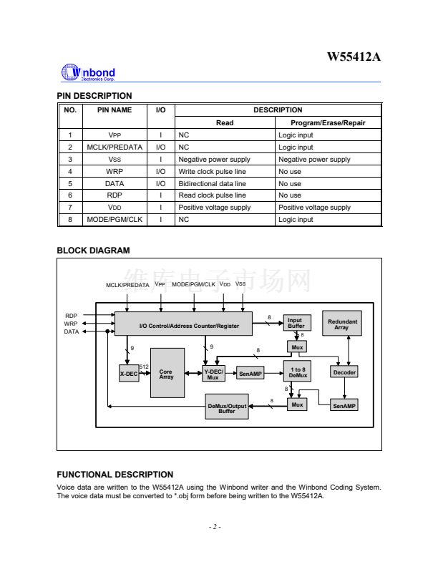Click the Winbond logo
click(88, 73)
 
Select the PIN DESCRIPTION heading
click(94, 96)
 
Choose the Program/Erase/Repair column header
click(328, 122)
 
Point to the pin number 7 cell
click(70, 208)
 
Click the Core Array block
click(167, 374)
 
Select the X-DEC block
click(129, 374)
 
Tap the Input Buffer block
click(296, 323)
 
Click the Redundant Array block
click(341, 324)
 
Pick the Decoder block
click(344, 372)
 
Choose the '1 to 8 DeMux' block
click(297, 372)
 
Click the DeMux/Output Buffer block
click(227, 407)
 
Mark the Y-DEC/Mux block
click(213, 374)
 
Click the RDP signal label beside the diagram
click(71, 315)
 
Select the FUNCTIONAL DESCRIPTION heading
click(115, 475)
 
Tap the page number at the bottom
click(215, 528)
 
